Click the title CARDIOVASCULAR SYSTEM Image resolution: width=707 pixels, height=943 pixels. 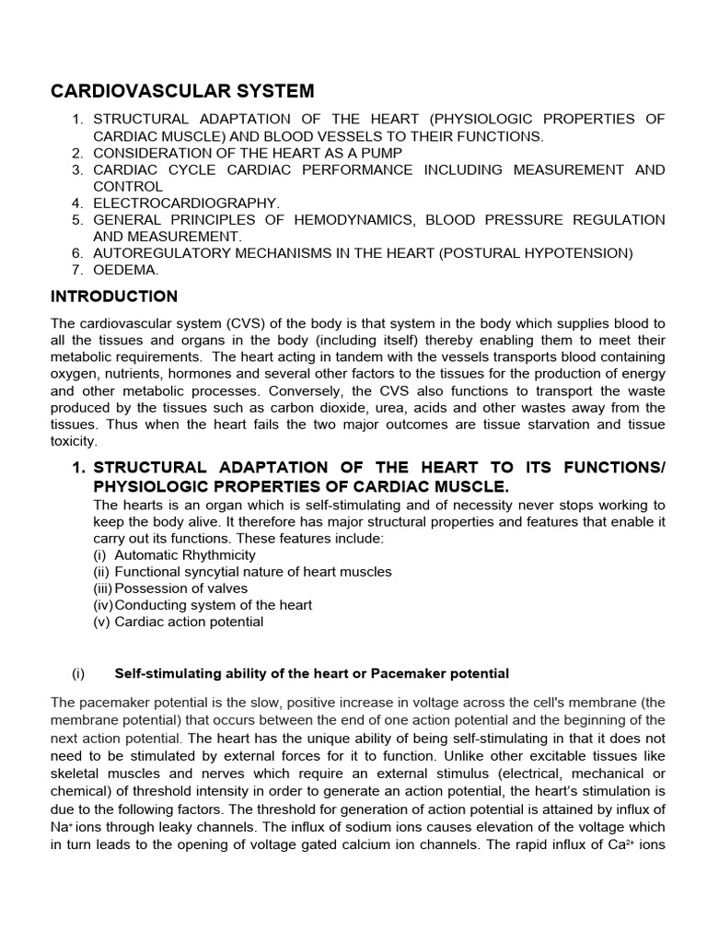[181, 90]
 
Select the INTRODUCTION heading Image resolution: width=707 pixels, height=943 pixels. [113, 297]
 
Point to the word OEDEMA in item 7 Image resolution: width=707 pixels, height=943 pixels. [125, 270]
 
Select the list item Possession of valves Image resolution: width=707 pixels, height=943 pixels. [174, 588]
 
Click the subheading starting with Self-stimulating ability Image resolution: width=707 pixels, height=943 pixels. [311, 673]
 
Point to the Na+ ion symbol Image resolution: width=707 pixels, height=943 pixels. [60, 828]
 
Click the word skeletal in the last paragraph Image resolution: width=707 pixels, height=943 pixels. [76, 774]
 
